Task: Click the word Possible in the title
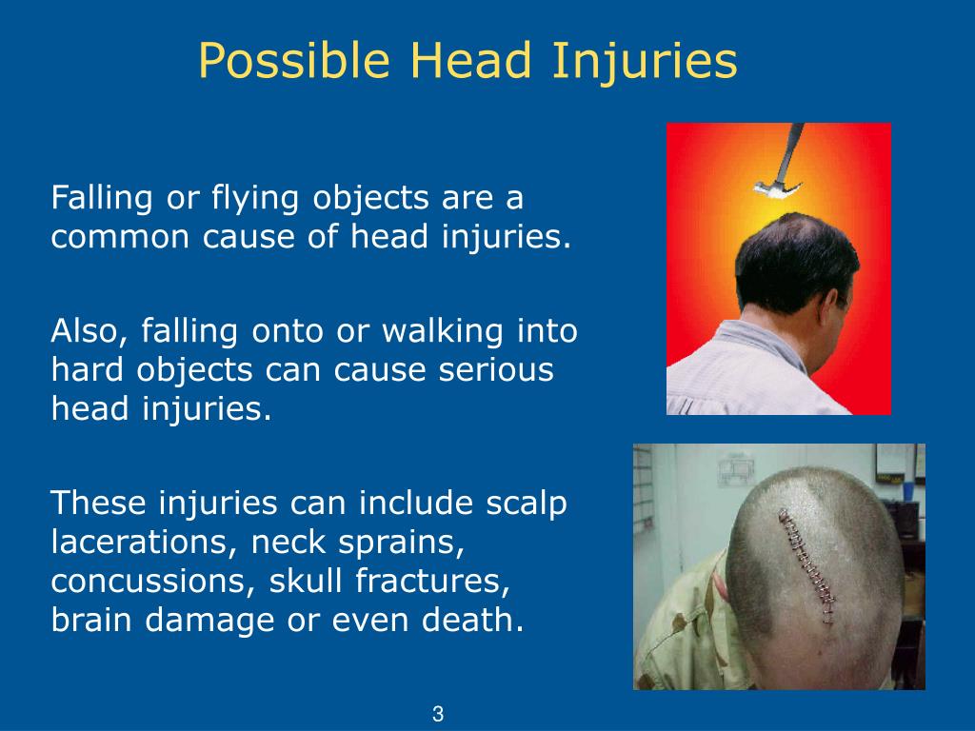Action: coord(295,62)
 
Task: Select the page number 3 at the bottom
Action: coord(438,713)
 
